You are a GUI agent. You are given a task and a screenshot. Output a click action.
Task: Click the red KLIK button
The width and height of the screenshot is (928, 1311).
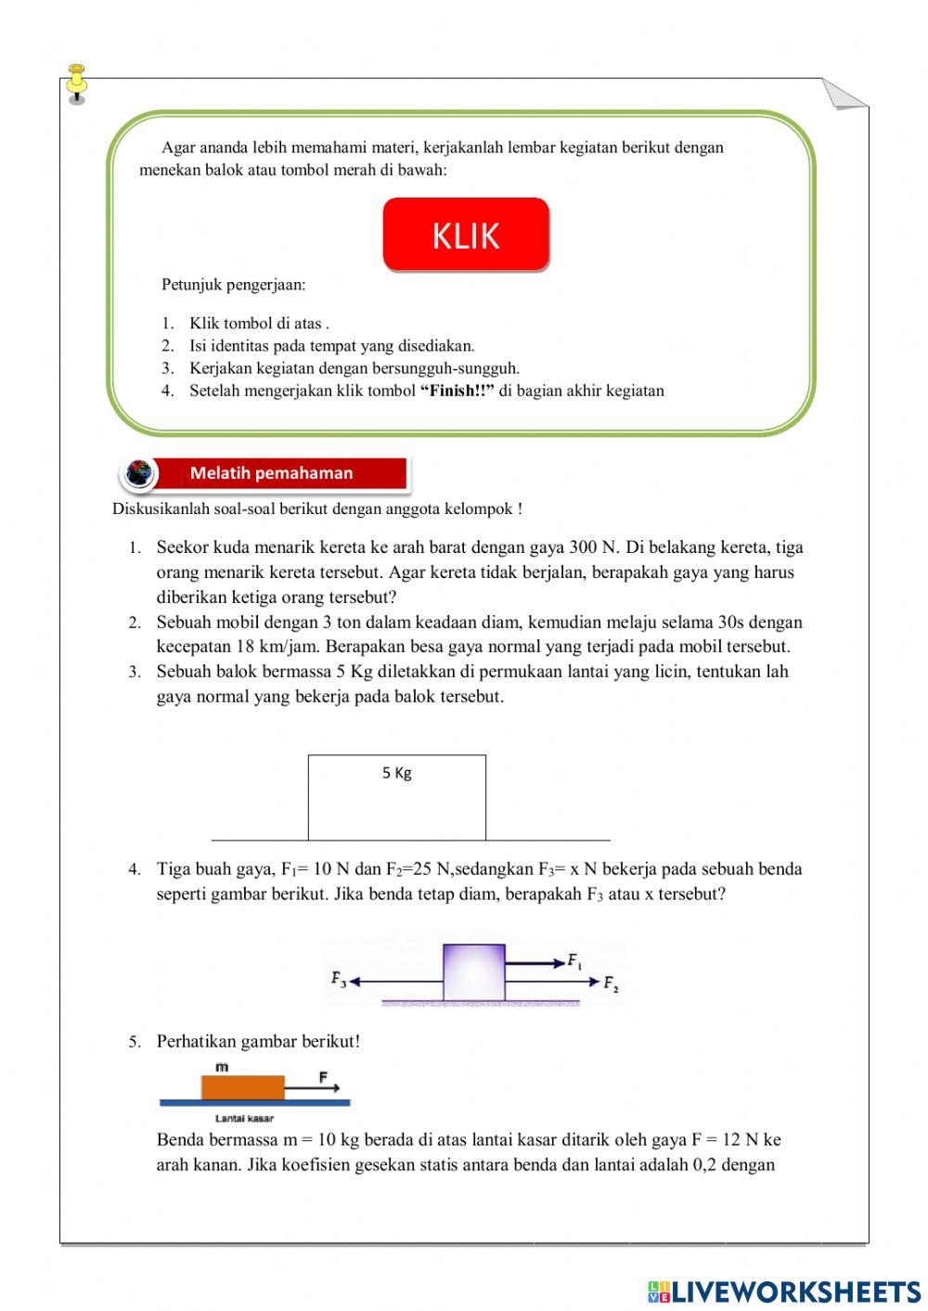pos(466,235)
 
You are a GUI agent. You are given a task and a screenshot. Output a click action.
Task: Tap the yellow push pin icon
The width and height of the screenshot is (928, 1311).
pos(77,82)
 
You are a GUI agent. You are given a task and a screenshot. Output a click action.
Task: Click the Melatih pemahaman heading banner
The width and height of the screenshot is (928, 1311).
pos(271,473)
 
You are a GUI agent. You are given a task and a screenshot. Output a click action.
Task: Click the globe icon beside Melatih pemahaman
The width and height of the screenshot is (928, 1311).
pos(139,473)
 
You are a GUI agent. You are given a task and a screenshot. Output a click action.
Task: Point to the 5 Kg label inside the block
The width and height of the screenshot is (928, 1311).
pos(396,773)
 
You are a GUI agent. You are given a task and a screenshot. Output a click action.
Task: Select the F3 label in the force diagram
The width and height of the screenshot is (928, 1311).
pos(338,979)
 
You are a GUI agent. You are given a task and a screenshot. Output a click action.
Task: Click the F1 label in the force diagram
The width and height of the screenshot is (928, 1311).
pos(575,960)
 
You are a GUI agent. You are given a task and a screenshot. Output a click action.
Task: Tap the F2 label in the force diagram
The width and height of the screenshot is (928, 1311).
pos(611,983)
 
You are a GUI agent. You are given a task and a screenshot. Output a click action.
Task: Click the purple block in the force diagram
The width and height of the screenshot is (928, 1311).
pos(474,972)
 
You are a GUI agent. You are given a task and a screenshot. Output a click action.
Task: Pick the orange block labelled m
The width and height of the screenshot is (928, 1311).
pos(242,1086)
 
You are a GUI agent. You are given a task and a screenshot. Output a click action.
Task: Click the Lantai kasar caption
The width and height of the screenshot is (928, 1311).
pos(244,1118)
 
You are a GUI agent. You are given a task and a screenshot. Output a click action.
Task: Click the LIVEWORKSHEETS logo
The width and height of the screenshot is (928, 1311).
pos(784,1292)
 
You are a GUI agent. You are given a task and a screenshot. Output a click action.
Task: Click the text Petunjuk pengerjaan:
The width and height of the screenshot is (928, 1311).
pos(233,285)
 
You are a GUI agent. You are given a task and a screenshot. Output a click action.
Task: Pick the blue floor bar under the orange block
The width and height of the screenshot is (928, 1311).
pos(255,1103)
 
